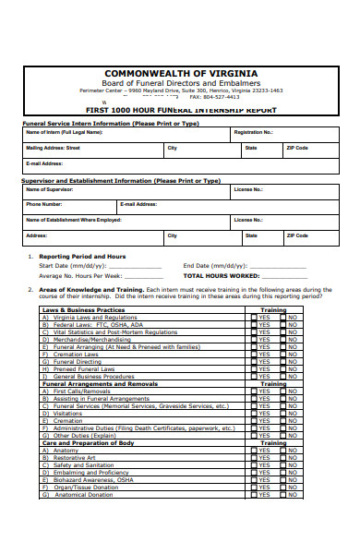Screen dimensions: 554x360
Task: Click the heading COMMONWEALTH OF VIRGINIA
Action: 180,73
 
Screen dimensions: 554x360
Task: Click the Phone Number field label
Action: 44,204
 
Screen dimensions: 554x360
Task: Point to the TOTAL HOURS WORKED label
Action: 222,275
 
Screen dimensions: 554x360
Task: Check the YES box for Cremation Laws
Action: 254,354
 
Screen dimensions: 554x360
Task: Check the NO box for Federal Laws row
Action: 283,324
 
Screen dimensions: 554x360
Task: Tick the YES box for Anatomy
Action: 254,450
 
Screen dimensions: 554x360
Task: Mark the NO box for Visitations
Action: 283,413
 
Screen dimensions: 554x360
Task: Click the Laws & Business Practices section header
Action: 84,309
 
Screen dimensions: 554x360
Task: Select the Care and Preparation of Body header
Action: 89,442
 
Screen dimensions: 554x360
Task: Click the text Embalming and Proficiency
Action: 91,472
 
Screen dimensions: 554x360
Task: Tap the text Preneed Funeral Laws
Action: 84,368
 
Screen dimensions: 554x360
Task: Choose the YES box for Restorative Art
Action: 254,457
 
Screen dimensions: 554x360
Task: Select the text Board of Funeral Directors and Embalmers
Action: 180,83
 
